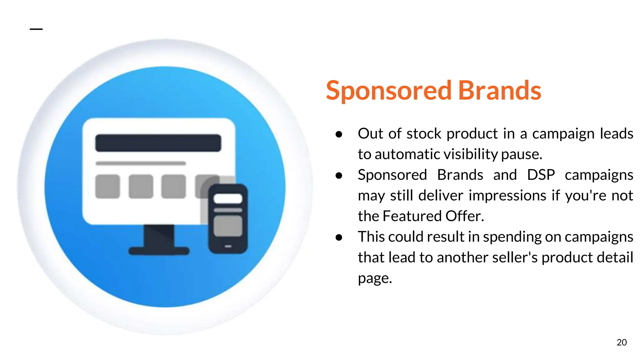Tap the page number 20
(622, 342)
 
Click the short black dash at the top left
(36, 29)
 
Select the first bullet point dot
(339, 134)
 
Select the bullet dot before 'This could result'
(339, 237)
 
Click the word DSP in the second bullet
(541, 175)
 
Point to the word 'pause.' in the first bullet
(522, 154)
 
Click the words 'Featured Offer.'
(433, 216)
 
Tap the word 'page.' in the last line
(375, 278)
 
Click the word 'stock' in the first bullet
(424, 134)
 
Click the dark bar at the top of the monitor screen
(158, 143)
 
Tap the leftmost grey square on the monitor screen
(107, 187)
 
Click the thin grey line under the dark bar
(141, 163)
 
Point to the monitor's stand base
(159, 251)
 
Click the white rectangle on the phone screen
(228, 199)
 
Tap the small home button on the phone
(228, 247)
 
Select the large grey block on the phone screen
(228, 226)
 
